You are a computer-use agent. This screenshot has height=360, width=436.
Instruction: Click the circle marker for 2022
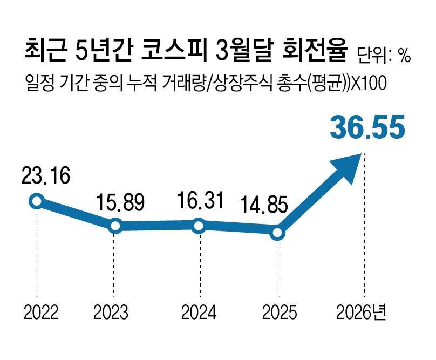click(37, 201)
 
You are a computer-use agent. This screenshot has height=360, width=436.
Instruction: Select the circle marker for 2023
click(115, 226)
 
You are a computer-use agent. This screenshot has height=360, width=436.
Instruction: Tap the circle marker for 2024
click(199, 226)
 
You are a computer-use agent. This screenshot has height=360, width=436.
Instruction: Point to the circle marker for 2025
click(277, 233)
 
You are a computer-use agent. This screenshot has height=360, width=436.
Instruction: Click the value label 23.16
click(46, 176)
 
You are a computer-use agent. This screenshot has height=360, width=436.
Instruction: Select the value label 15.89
click(120, 202)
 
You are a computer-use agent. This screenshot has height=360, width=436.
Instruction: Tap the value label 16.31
click(200, 200)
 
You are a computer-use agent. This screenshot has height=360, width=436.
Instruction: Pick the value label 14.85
click(264, 205)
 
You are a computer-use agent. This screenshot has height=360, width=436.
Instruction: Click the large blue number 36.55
click(367, 127)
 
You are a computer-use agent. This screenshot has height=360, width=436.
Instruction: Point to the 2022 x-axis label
click(41, 312)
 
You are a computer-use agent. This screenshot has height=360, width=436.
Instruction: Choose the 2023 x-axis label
click(111, 312)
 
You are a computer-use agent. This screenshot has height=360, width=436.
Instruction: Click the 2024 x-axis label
click(199, 312)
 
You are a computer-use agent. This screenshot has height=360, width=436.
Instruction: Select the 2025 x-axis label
click(280, 312)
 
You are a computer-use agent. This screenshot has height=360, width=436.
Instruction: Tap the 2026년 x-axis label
click(361, 312)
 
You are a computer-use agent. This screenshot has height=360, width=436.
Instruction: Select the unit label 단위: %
click(384, 56)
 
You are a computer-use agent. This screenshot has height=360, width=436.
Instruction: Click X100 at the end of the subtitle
click(369, 83)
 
